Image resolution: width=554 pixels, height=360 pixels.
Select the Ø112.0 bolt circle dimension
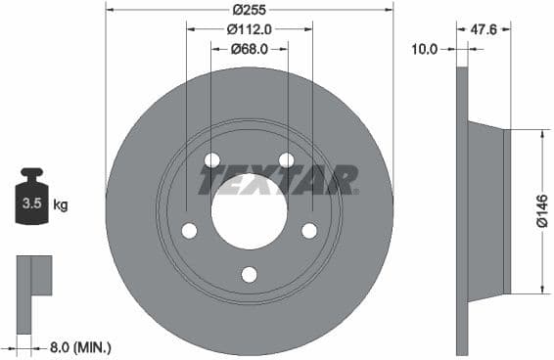(249, 30)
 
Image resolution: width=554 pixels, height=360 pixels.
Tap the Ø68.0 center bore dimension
(249, 49)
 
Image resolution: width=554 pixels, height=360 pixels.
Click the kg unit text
(61, 205)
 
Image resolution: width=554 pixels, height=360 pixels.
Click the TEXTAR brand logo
(278, 180)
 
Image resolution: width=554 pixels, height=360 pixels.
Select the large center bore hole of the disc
(249, 211)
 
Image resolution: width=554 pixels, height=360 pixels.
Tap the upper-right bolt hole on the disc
(286, 160)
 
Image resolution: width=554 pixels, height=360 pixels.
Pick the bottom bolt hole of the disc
(249, 273)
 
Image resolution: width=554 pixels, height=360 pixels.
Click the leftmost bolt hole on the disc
(189, 230)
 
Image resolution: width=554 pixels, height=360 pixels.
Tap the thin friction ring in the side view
(462, 210)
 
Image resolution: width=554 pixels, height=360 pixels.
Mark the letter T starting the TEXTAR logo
(210, 180)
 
